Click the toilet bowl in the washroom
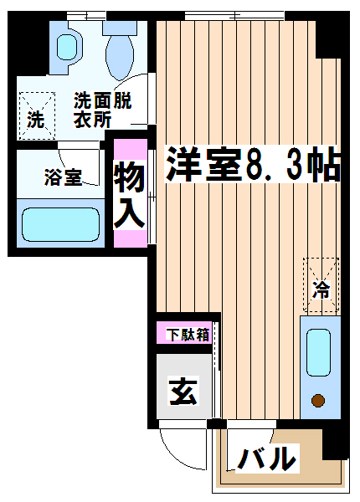coord(120,57)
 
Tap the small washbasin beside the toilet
coord(67,48)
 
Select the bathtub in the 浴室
coord(60,224)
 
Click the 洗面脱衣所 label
coord(102,110)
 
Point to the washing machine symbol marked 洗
coord(37,116)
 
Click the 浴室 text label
coord(63,177)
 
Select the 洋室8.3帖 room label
coord(252,164)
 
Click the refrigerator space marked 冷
coord(321,285)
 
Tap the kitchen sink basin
coord(318,352)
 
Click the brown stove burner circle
coord(318,400)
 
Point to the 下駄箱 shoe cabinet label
coord(188,335)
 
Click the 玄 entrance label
coord(183,391)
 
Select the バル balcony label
coord(267,458)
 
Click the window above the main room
coord(234,15)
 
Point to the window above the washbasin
coord(86,15)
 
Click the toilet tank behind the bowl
coord(120,28)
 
